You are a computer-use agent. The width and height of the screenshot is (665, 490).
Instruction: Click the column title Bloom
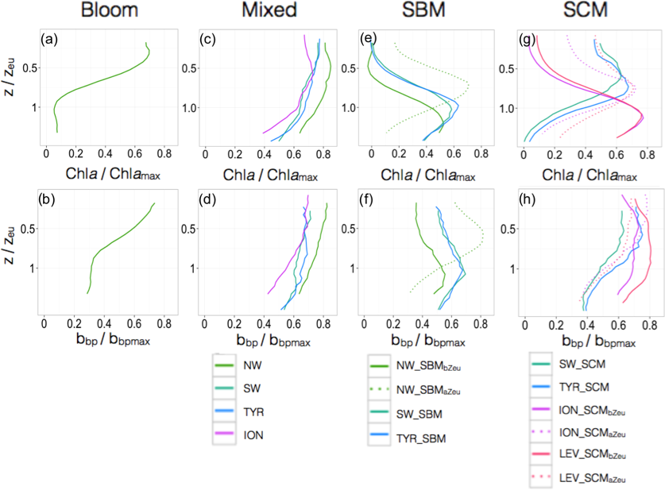point(109,13)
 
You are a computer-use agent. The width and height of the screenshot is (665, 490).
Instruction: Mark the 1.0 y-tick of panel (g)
point(505,108)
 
